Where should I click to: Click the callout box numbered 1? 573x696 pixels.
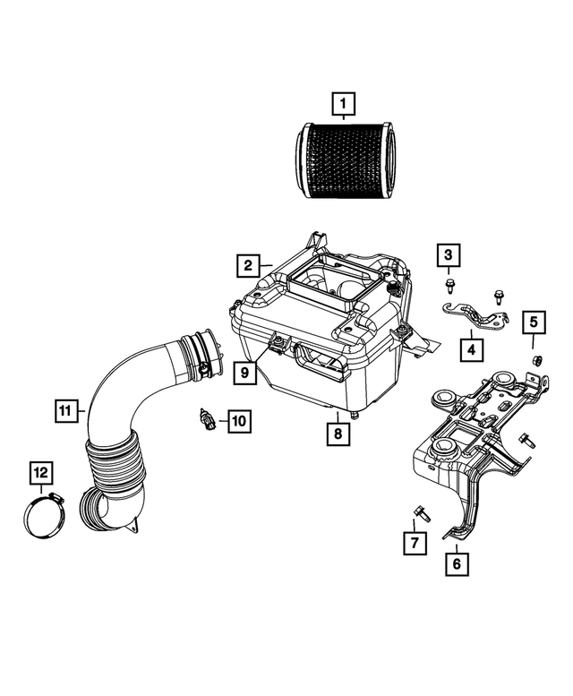(341, 105)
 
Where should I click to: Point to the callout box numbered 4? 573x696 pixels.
(470, 347)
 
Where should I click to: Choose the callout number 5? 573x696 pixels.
(532, 321)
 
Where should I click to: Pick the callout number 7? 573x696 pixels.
(415, 542)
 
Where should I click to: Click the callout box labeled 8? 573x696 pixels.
(338, 434)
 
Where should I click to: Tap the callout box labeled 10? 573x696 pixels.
(238, 418)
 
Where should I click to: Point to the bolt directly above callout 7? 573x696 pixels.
(419, 512)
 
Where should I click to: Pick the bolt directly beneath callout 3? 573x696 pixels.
(448, 286)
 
